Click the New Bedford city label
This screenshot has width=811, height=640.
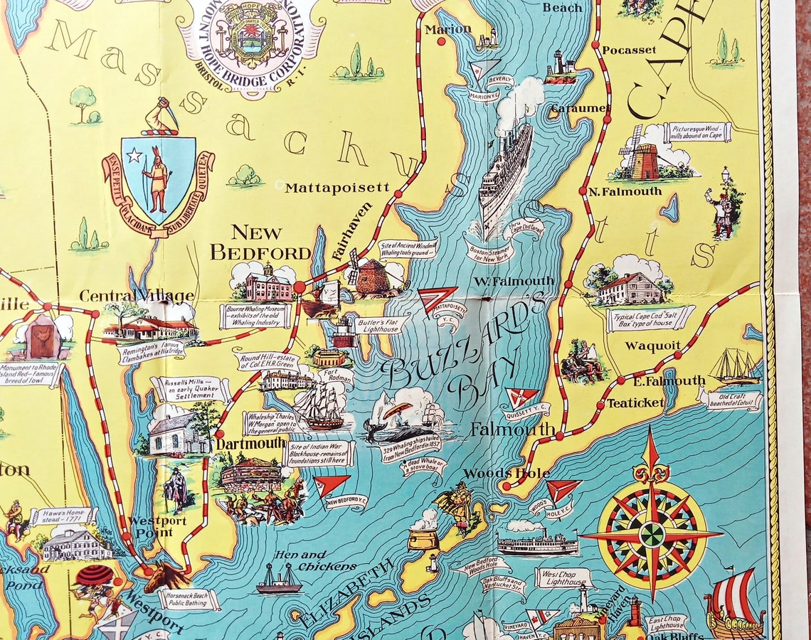260,242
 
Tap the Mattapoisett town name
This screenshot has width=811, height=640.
337,188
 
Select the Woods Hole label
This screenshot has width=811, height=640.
506,473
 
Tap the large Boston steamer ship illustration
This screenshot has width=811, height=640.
505,178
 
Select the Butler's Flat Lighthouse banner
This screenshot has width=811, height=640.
383,325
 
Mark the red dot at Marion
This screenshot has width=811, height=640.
441,41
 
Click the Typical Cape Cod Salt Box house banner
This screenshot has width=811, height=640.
650,319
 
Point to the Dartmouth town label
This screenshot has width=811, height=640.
250,443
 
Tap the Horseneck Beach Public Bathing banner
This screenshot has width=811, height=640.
189,599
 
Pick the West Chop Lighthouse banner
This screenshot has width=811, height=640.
563,577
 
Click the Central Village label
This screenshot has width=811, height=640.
137,295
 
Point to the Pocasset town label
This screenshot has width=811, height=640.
629,50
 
